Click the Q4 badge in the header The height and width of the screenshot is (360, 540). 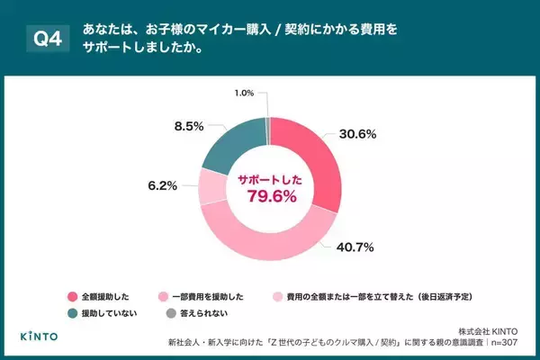point(45,38)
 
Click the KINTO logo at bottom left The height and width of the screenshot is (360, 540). point(40,336)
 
